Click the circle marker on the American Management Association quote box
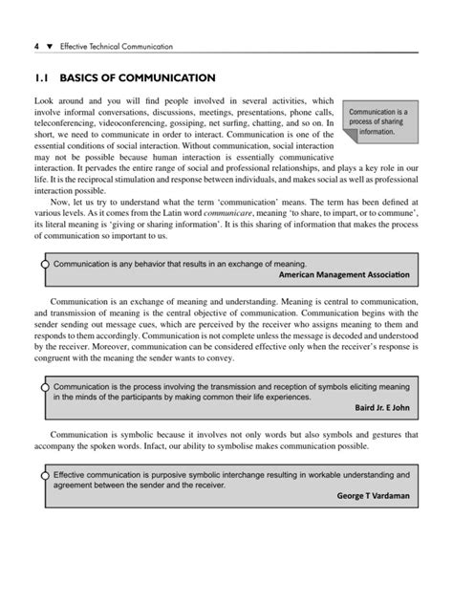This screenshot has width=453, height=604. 44,261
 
